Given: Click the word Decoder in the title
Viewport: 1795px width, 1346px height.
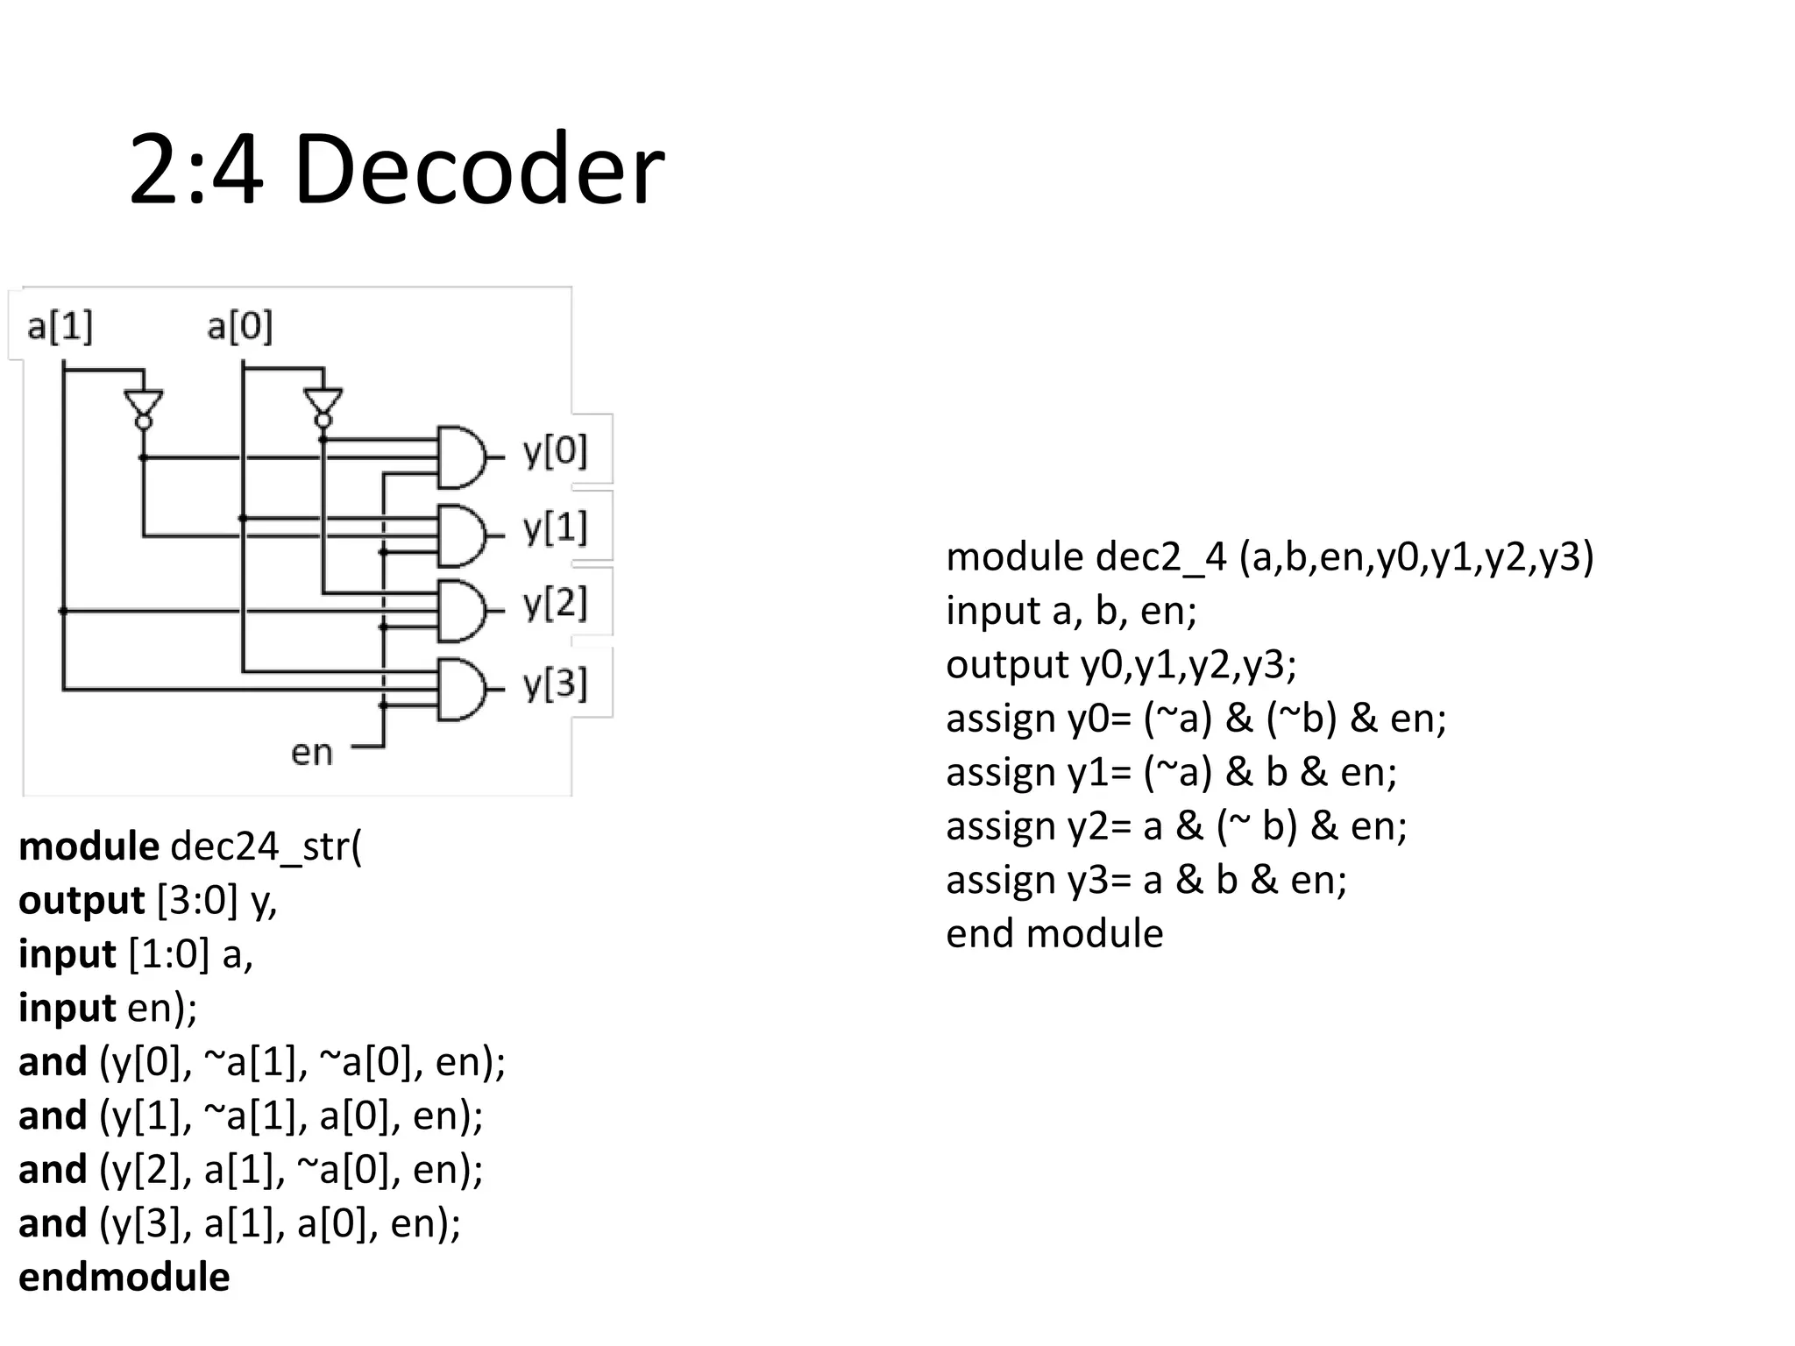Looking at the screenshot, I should [x=479, y=170].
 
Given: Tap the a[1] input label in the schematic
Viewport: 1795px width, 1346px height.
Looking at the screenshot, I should [x=60, y=327].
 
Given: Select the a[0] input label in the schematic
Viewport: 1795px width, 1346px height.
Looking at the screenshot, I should [x=239, y=327].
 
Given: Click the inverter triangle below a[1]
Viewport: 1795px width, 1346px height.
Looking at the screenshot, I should [x=144, y=404].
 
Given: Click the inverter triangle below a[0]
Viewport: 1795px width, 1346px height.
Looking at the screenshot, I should [x=323, y=404].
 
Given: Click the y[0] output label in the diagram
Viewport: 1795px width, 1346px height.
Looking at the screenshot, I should [x=555, y=451].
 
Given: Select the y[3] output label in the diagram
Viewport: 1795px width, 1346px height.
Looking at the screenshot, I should [x=555, y=684].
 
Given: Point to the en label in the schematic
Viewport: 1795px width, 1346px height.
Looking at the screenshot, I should [x=312, y=753].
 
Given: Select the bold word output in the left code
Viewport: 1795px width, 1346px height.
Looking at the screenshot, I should [x=82, y=901].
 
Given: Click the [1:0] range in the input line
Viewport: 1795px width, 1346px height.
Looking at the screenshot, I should [x=169, y=954].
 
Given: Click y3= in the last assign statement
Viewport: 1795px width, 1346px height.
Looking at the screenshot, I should [x=1100, y=880].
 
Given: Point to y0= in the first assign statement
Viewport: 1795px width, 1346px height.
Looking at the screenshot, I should [x=1100, y=719].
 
